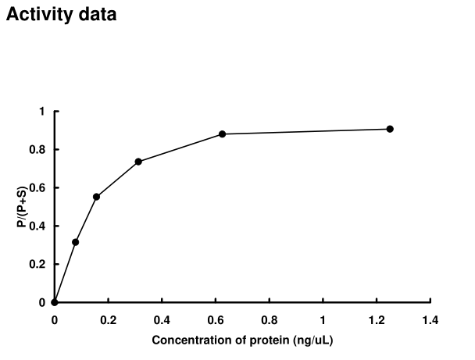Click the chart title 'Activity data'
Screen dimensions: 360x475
62,14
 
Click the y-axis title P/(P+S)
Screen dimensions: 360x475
23,207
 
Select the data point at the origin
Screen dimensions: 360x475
54,302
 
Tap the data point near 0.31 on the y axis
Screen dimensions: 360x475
75,242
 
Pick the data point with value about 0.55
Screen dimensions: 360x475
96,197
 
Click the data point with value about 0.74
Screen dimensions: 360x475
138,162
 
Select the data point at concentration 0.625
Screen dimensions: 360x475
222,134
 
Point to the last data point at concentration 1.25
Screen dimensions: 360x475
390,129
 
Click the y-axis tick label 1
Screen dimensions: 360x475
42,112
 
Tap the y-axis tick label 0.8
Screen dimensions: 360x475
37,150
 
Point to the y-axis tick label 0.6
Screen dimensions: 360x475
37,188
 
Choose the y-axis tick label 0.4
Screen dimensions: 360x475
37,226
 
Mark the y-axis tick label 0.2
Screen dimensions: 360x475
37,265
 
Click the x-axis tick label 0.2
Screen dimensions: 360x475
108,319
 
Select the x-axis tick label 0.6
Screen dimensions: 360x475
216,319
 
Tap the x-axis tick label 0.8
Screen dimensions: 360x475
270,319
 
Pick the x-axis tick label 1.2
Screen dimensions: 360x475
377,319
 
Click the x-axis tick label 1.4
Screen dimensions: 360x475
430,319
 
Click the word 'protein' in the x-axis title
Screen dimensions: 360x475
265,340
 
